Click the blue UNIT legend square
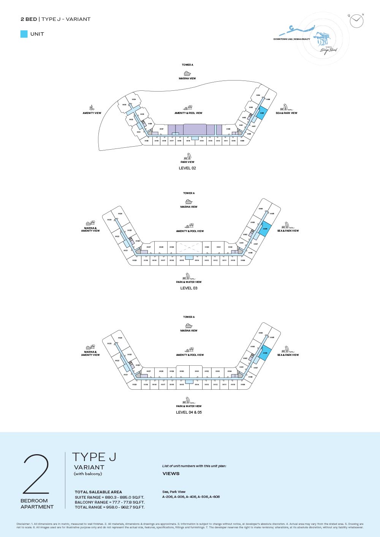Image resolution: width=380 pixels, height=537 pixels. pyautogui.click(x=24, y=34)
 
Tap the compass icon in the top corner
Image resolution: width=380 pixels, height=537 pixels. pyautogui.click(x=356, y=21)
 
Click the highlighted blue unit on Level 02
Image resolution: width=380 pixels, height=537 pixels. pyautogui.click(x=262, y=114)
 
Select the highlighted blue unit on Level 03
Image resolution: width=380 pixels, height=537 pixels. pyautogui.click(x=265, y=229)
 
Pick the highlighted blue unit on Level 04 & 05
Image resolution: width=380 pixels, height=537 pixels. pyautogui.click(x=265, y=353)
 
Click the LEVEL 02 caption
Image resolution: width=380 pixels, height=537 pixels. pyautogui.click(x=187, y=168)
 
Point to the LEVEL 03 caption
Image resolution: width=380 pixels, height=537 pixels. pyautogui.click(x=189, y=288)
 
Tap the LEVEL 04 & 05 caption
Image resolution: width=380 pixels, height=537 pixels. pyautogui.click(x=189, y=412)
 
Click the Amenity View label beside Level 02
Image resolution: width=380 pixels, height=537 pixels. pyautogui.click(x=92, y=113)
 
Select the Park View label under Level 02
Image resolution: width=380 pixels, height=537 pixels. pyautogui.click(x=187, y=162)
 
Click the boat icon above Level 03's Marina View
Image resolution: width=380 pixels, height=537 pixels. pyautogui.click(x=189, y=202)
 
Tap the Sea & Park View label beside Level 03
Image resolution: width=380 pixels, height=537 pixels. pyautogui.click(x=288, y=231)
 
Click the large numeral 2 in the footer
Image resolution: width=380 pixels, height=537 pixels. pyautogui.click(x=36, y=474)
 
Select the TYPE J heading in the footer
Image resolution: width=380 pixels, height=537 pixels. pyautogui.click(x=94, y=457)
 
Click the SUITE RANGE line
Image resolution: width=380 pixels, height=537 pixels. pyautogui.click(x=109, y=498)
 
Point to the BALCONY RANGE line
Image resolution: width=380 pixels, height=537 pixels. pyautogui.click(x=109, y=502)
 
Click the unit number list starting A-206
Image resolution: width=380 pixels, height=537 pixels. pyautogui.click(x=191, y=497)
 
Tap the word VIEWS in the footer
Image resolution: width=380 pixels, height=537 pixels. pyautogui.click(x=171, y=474)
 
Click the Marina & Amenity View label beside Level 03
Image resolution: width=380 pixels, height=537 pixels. pyautogui.click(x=90, y=229)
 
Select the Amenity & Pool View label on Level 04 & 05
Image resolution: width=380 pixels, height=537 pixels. pyautogui.click(x=190, y=355)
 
